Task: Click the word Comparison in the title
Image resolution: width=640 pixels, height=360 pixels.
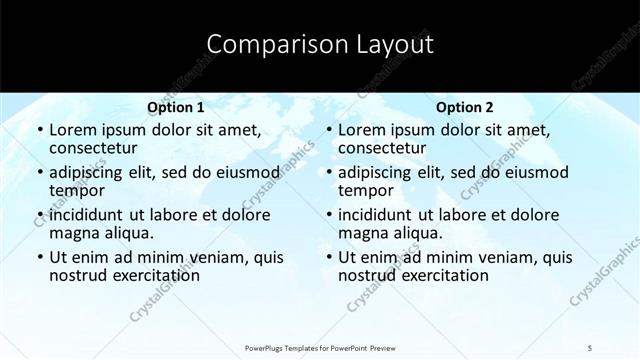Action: click(x=265, y=45)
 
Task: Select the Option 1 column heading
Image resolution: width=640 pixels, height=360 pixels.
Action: click(x=175, y=106)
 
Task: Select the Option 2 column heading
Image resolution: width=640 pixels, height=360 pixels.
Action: click(x=464, y=106)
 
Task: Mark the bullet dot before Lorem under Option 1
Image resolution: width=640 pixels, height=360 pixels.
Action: click(x=39, y=131)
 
